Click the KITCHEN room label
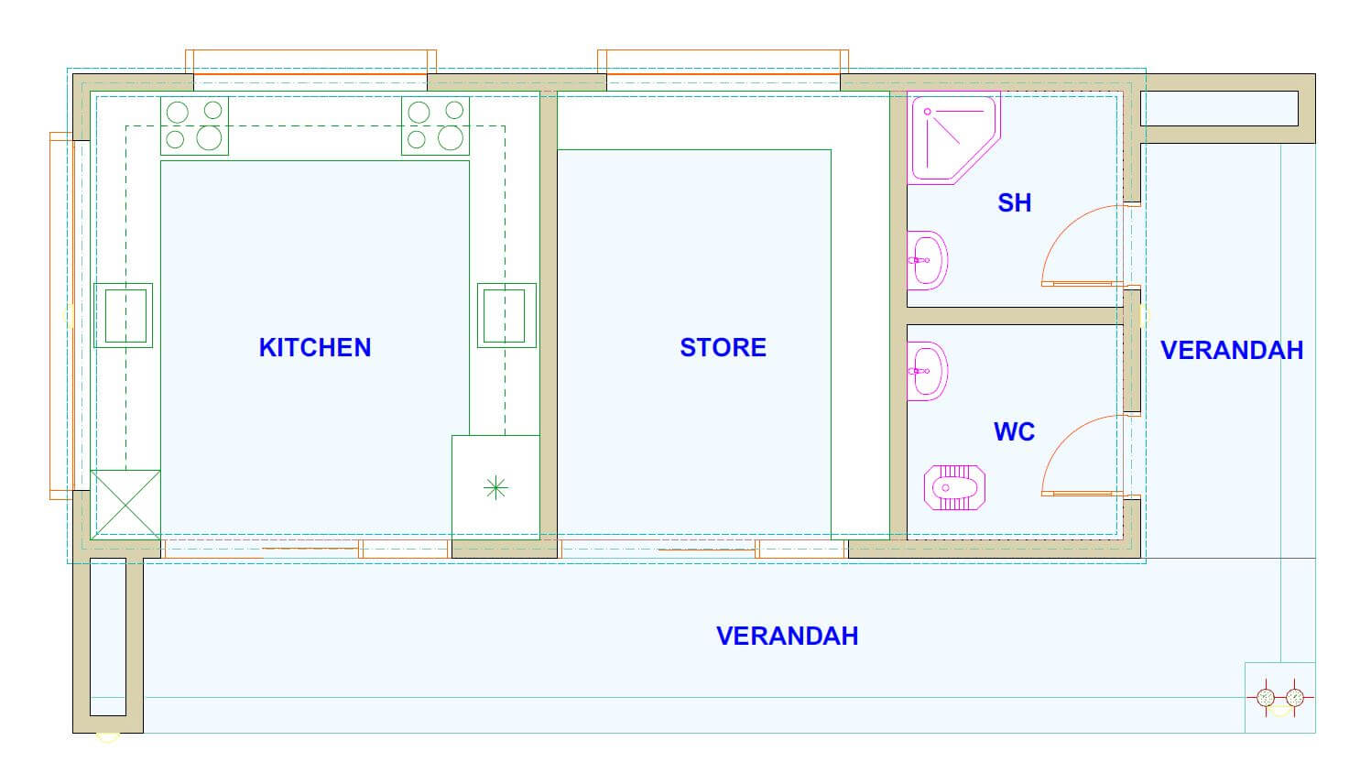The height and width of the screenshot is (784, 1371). click(x=315, y=348)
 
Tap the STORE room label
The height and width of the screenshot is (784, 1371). click(x=723, y=348)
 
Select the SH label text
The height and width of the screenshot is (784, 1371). click(x=1014, y=203)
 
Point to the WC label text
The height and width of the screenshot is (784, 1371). click(x=1014, y=432)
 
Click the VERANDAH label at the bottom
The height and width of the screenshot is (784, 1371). click(x=787, y=637)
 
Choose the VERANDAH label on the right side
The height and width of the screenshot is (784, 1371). click(x=1232, y=351)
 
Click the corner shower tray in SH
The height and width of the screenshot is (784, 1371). click(x=953, y=137)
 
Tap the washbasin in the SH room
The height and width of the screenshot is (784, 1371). click(x=927, y=260)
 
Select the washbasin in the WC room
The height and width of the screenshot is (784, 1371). click(x=927, y=372)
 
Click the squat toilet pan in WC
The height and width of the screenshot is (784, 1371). click(x=954, y=488)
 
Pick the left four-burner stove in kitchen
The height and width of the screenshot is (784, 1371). click(x=195, y=125)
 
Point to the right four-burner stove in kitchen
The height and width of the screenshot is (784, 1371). click(x=435, y=125)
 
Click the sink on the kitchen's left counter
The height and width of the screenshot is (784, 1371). click(x=123, y=315)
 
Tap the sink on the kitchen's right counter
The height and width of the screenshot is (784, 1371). click(x=506, y=315)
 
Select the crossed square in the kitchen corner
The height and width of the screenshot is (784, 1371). click(x=125, y=505)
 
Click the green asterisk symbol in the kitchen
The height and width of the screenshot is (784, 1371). click(x=495, y=488)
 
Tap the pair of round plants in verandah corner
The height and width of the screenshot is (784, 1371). click(x=1279, y=697)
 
